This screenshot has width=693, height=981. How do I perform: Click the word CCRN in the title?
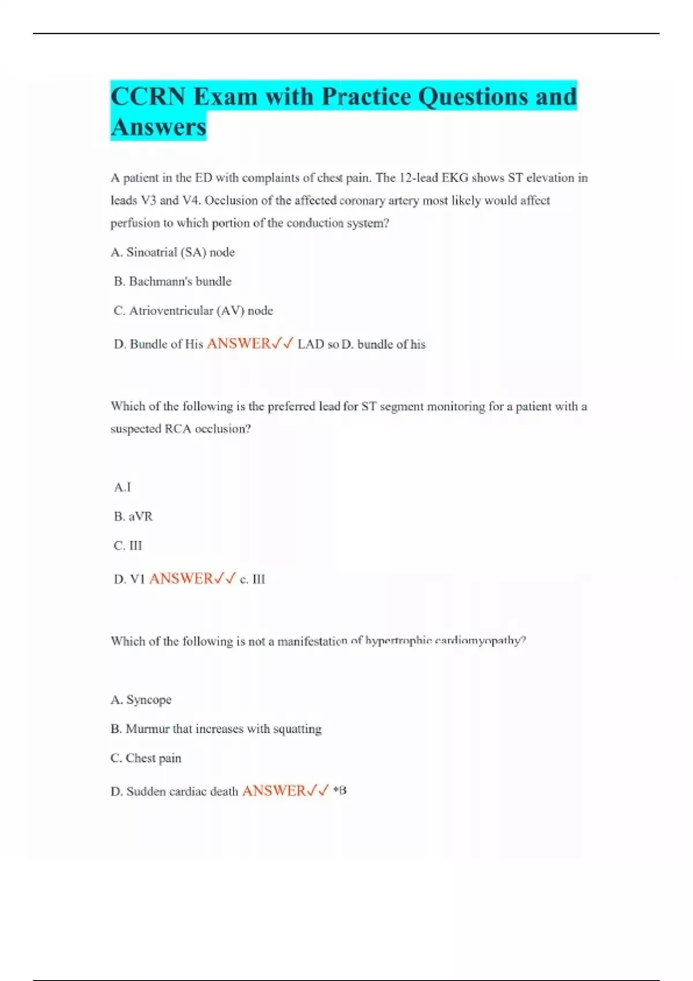pos(148,96)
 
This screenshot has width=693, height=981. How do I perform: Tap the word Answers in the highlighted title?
pos(158,127)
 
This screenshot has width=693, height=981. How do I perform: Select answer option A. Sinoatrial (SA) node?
pos(173,252)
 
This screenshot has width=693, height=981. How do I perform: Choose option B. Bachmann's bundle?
pos(173,282)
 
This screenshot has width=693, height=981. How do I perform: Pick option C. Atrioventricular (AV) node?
pos(193,311)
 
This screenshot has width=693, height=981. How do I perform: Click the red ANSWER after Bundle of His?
pos(239,344)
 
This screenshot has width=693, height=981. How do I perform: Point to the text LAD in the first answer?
pos(311,345)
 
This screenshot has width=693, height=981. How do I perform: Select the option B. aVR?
pos(133,516)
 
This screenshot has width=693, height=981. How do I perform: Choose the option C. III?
pos(128,546)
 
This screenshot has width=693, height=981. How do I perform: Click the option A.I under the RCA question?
pos(122,488)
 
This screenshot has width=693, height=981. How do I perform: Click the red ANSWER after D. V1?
pos(181,579)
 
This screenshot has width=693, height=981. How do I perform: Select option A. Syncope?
pos(141,700)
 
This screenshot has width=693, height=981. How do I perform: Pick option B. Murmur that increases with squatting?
pos(216,729)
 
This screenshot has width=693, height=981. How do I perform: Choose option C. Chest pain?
pos(146,758)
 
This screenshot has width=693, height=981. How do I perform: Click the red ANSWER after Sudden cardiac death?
pos(274,791)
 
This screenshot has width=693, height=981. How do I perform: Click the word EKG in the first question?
pos(455,178)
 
